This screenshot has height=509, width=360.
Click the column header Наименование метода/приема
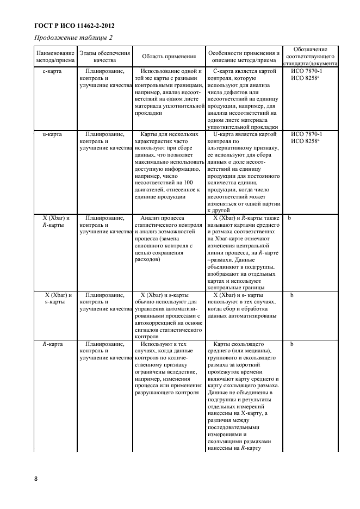[54, 57]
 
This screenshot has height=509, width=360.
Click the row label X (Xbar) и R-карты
[54, 221]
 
